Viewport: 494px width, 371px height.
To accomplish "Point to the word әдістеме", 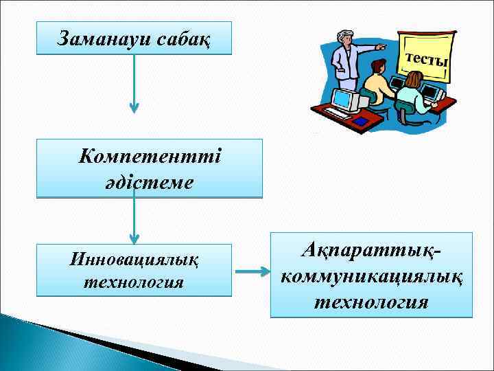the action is click(150, 183).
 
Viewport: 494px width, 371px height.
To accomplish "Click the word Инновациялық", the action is click(134, 260).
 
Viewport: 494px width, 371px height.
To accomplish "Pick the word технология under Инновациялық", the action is click(134, 282).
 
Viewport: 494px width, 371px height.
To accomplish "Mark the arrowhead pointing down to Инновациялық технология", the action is click(134, 237).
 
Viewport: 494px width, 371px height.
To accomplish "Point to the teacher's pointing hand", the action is click(381, 49).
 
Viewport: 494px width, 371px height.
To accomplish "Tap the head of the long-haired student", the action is click(412, 80).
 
